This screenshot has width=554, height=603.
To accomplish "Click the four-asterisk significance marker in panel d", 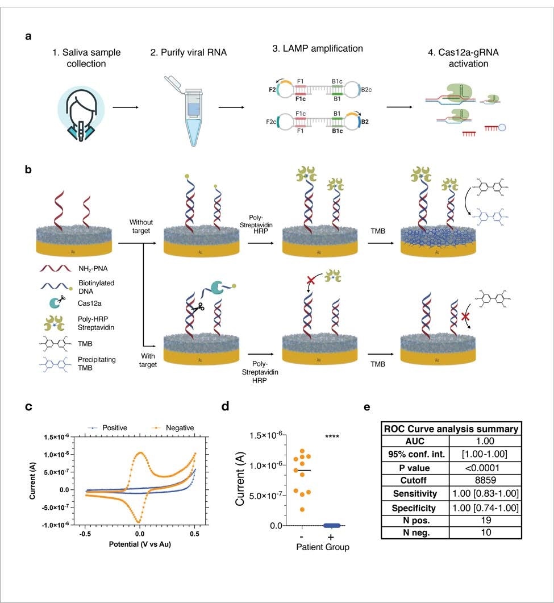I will (x=332, y=436).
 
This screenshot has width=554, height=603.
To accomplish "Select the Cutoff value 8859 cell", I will (x=486, y=480).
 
